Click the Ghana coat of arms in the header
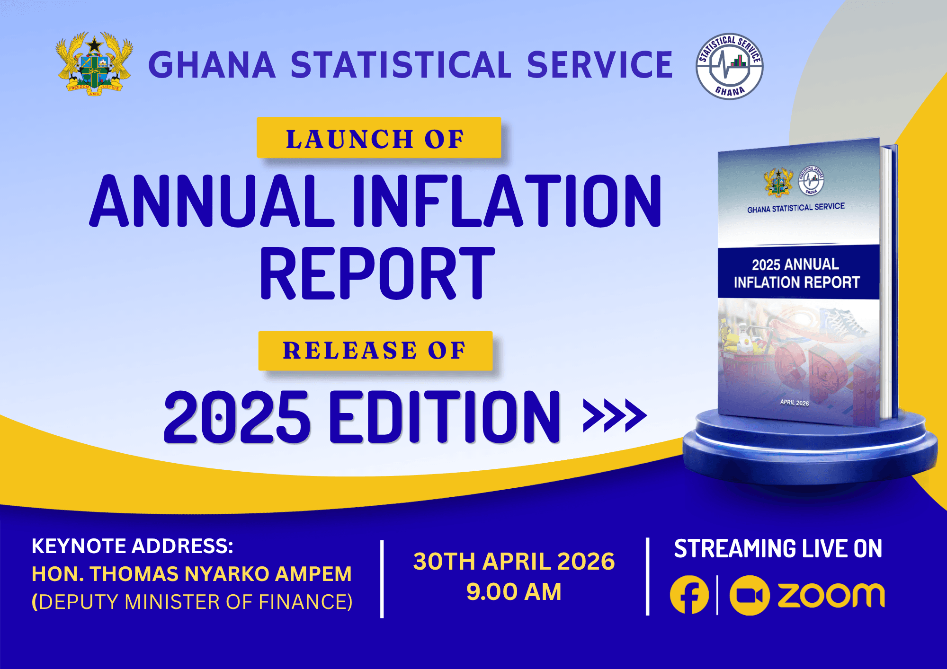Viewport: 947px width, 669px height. click(94, 64)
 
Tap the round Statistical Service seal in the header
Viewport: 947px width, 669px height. click(729, 66)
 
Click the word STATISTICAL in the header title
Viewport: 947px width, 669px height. click(401, 65)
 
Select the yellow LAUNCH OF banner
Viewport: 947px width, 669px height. click(378, 138)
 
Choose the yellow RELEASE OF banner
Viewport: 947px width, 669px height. click(375, 351)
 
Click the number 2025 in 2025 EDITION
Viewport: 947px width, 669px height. click(237, 417)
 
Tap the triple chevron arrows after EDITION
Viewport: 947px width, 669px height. click(615, 415)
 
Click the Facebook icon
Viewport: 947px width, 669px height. click(689, 595)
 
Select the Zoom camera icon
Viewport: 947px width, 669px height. click(749, 595)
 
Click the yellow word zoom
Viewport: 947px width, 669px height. click(831, 595)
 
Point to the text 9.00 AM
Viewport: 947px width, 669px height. click(514, 591)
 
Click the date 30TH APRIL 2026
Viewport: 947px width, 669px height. click(514, 562)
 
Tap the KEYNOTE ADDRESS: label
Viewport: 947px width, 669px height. click(133, 546)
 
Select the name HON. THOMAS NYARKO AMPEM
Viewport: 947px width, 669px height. click(192, 574)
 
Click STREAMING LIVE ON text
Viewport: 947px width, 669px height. click(778, 549)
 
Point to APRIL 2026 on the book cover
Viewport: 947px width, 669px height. click(795, 403)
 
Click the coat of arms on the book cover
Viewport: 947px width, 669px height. click(778, 183)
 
